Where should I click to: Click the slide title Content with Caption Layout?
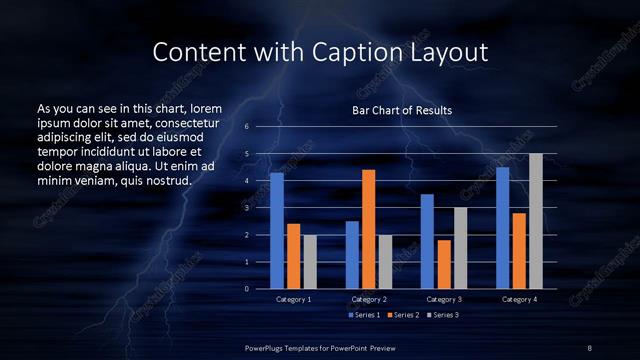click(320, 51)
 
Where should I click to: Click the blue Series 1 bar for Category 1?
click(277, 230)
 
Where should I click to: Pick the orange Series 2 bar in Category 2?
click(368, 229)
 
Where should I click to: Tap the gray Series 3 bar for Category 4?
click(535, 221)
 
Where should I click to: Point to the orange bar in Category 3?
click(444, 264)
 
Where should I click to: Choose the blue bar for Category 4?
click(503, 228)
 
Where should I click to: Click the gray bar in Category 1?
click(310, 261)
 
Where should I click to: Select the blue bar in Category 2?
click(352, 254)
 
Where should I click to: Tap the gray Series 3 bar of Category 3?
click(460, 248)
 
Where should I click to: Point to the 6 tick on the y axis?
click(246, 127)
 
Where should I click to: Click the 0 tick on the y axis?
click(246, 288)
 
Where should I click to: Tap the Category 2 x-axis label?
click(369, 300)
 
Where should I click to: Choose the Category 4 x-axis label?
click(519, 300)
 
